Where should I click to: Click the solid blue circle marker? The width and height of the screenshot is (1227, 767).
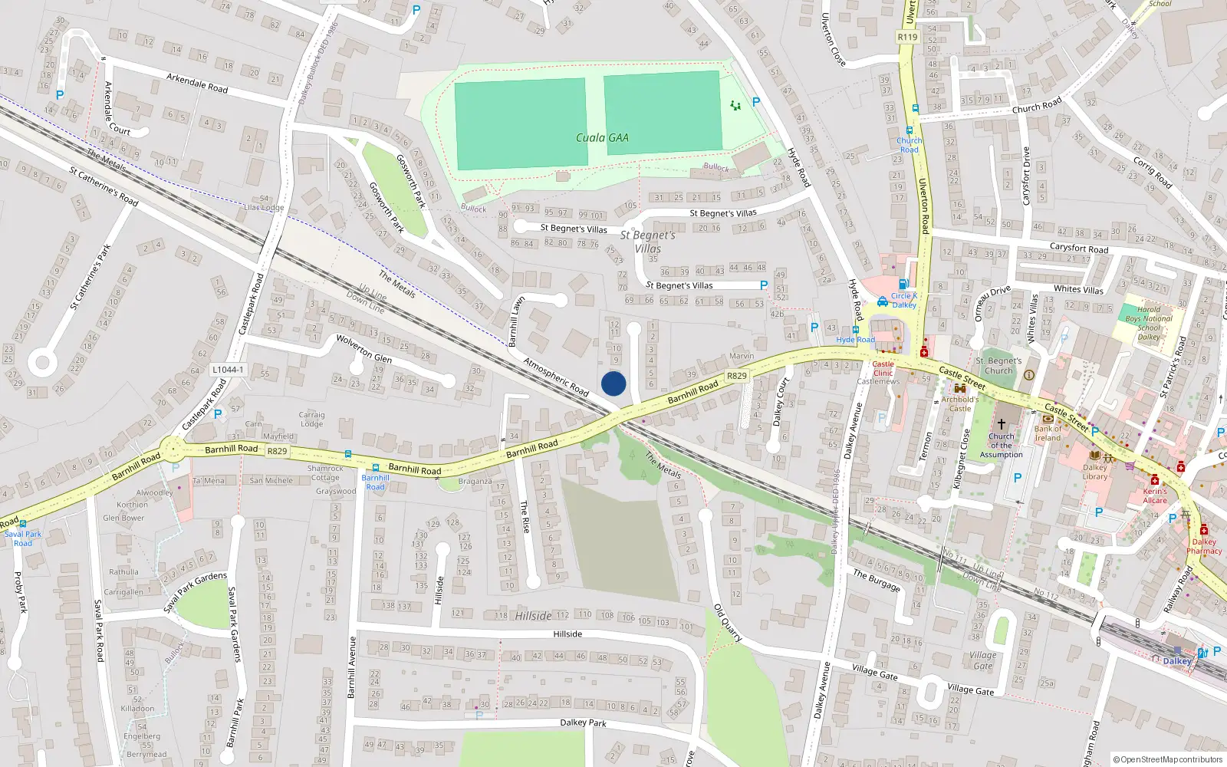(613, 383)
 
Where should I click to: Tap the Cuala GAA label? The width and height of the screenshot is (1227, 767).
(602, 138)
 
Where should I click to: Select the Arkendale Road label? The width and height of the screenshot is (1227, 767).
(197, 83)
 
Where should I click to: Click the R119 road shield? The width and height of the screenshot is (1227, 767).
(907, 37)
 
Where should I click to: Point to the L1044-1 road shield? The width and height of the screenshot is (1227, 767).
(227, 370)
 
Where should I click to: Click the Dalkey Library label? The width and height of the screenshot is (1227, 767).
(1095, 472)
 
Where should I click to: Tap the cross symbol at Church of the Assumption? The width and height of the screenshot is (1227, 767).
(1001, 424)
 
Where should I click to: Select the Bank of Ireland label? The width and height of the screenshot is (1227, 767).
(1048, 433)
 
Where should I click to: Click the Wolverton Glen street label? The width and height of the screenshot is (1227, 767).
(364, 349)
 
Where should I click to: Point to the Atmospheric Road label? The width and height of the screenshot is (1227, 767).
(556, 377)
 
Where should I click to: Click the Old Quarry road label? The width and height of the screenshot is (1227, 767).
(728, 622)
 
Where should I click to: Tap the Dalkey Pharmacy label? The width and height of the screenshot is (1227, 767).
(1204, 546)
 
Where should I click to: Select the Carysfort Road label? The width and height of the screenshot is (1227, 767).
(1078, 248)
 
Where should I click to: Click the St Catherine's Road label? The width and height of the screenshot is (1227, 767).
(104, 186)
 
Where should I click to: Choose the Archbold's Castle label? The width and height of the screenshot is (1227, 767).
(960, 403)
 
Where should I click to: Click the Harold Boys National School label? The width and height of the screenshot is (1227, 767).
(1149, 323)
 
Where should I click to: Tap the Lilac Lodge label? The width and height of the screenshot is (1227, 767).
(264, 207)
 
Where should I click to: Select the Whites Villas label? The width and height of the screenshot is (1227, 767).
(1078, 289)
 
